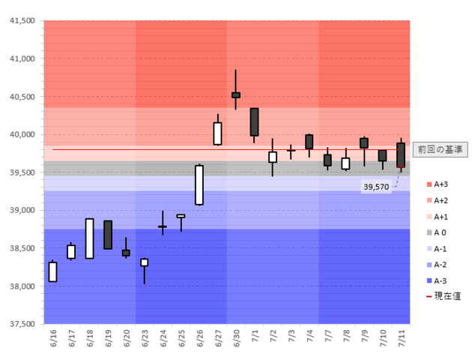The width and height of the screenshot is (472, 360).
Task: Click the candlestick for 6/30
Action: point(236,94)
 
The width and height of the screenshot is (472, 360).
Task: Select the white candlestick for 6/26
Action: point(199,184)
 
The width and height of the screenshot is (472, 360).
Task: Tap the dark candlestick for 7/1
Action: point(254,121)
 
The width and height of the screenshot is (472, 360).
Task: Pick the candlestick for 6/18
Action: point(89,238)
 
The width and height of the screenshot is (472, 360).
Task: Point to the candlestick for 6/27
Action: point(217,133)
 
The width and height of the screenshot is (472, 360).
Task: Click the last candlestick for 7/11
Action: point(401,154)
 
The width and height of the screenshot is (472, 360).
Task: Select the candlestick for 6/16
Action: point(52,271)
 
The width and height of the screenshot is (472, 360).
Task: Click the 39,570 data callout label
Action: point(375,186)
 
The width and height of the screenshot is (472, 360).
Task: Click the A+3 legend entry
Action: point(441,184)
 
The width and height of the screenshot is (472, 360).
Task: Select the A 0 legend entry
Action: point(441,232)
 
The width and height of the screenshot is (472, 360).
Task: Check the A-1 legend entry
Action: point(441,249)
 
